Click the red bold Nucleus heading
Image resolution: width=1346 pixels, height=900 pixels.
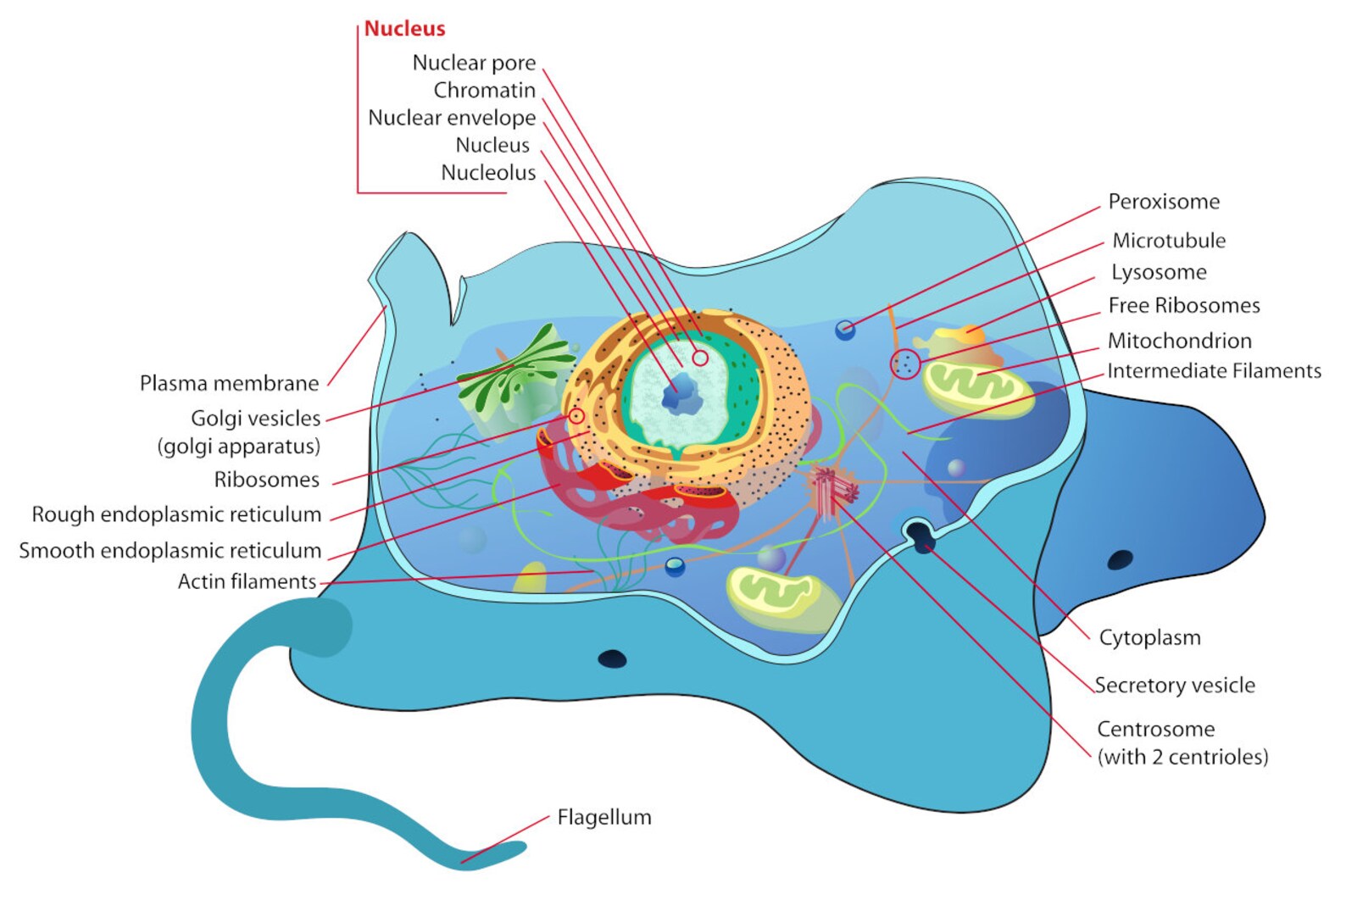pyautogui.click(x=404, y=28)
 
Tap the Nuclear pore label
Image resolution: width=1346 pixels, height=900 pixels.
pyautogui.click(x=474, y=63)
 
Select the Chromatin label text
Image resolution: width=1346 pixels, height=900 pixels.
pyautogui.click(x=484, y=90)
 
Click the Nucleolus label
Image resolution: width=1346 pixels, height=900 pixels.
pyautogui.click(x=488, y=173)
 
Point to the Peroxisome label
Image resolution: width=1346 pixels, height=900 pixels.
pyautogui.click(x=1164, y=202)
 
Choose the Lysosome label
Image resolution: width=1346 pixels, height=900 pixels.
pyautogui.click(x=1159, y=272)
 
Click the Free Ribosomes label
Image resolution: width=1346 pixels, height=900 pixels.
pyautogui.click(x=1183, y=306)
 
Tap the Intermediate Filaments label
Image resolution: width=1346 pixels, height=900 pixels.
pyautogui.click(x=1214, y=371)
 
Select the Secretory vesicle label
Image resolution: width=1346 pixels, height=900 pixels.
pyautogui.click(x=1174, y=685)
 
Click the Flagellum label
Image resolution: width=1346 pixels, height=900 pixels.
pyautogui.click(x=604, y=817)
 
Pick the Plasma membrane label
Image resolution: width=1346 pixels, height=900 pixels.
pyautogui.click(x=229, y=383)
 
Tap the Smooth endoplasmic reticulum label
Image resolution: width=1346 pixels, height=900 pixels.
pyautogui.click(x=170, y=551)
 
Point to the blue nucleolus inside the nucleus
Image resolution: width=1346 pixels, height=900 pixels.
pyautogui.click(x=680, y=394)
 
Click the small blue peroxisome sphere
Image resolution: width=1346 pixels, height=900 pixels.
pyautogui.click(x=845, y=330)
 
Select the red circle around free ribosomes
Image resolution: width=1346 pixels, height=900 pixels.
pyautogui.click(x=905, y=364)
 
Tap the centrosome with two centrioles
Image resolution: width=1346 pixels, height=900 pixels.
pyautogui.click(x=831, y=490)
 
